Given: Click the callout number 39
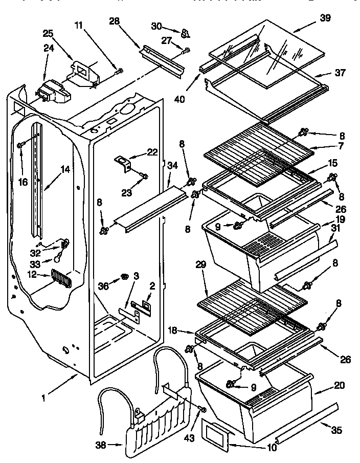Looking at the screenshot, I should tap(325, 18).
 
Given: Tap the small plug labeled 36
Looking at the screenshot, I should tap(124, 277).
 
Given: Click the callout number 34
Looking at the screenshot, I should tap(172, 165).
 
